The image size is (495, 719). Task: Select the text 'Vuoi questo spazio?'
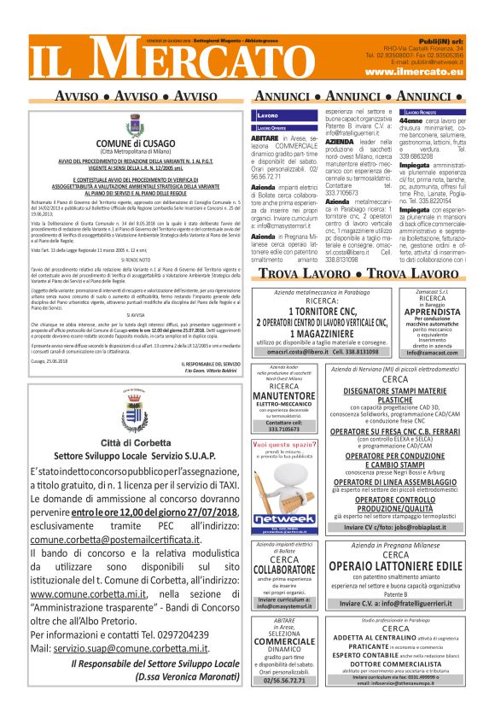coord(281,446)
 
